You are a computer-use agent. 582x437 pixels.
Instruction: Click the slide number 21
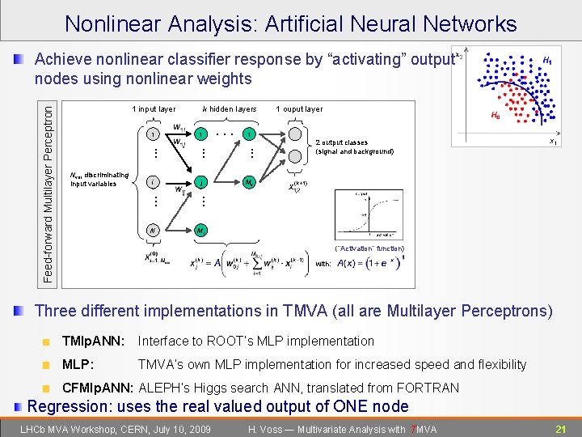pos(561,428)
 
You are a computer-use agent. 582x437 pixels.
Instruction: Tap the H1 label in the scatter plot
pos(547,61)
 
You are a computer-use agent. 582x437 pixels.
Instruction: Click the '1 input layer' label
pos(153,109)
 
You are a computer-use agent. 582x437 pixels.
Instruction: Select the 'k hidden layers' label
pos(229,109)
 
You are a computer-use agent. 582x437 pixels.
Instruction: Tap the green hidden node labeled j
pos(200,182)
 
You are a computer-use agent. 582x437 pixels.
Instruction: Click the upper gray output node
pos(296,134)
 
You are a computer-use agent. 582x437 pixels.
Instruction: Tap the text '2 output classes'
pos(343,142)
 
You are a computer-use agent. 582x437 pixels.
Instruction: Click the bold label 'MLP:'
pos(78,365)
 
